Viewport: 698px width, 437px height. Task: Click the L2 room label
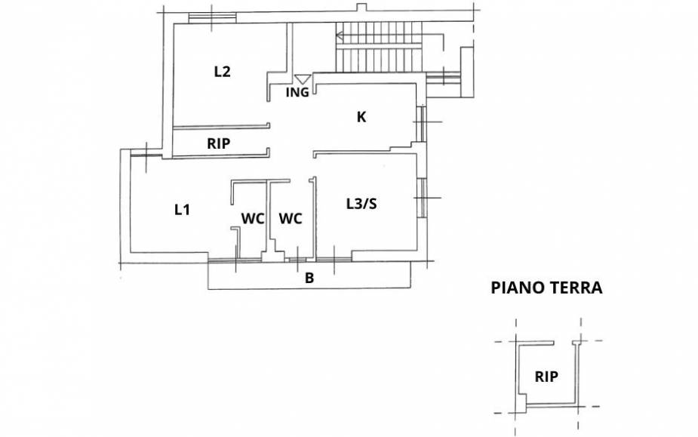(x=222, y=72)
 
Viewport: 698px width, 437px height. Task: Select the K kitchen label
(x=361, y=117)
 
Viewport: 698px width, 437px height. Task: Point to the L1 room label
(x=181, y=210)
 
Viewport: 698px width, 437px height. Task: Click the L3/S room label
(x=361, y=203)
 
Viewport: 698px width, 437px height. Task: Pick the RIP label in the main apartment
(x=218, y=143)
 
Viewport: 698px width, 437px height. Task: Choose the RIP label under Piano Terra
(x=546, y=377)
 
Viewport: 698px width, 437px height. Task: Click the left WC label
(x=252, y=219)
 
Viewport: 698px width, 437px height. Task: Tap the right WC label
(x=291, y=219)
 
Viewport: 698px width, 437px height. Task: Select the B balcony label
(x=309, y=278)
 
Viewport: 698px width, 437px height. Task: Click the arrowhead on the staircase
(x=340, y=35)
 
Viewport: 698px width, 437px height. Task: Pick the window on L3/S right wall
(x=421, y=197)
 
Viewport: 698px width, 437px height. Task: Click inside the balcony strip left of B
(x=249, y=277)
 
